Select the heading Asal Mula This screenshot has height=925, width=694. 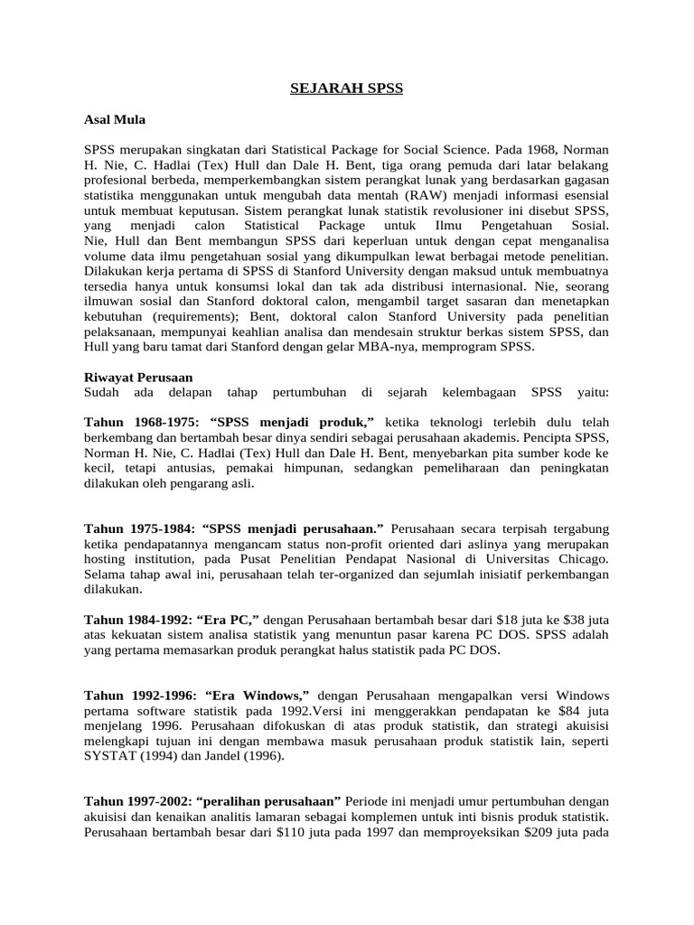tap(114, 118)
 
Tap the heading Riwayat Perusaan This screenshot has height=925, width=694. tap(138, 377)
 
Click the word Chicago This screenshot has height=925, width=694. tap(582, 558)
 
